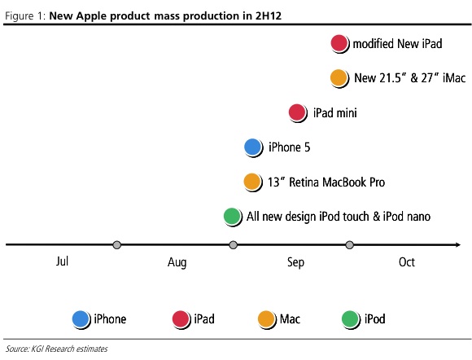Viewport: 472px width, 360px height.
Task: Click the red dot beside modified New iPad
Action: point(339,43)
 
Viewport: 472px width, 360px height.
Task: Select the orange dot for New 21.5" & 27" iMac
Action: point(339,77)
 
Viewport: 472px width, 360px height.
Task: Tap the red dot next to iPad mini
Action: point(297,112)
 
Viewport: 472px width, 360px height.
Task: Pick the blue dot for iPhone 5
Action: point(253,147)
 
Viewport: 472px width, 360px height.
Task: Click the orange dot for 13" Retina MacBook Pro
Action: point(252,182)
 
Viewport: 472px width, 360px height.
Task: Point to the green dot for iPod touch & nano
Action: point(233,217)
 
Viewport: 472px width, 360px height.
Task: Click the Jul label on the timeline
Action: point(62,261)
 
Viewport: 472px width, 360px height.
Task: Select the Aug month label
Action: point(177,262)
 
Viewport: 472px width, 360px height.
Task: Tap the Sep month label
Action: point(295,262)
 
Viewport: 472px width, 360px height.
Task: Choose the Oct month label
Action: point(407,262)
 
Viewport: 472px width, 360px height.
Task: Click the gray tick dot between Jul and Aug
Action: point(117,244)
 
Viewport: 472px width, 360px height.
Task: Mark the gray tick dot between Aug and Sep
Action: point(233,244)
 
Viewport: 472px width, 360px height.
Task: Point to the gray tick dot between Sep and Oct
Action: point(349,244)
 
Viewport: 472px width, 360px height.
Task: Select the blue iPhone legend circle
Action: point(81,319)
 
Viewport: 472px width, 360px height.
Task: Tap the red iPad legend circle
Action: point(181,319)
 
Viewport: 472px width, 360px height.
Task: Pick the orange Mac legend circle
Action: point(267,319)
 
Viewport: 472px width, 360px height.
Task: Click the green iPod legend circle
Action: point(351,319)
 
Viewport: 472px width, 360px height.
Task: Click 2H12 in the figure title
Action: point(269,15)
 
